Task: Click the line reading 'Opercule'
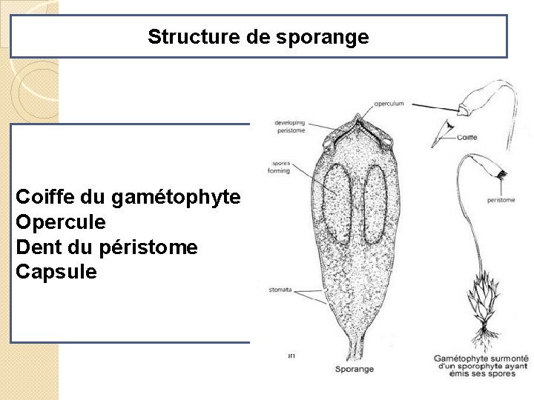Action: [x=61, y=222]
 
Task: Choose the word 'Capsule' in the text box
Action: [x=56, y=272]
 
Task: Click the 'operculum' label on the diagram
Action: [x=389, y=104]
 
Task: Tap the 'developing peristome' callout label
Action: [x=290, y=126]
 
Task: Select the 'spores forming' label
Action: [x=281, y=167]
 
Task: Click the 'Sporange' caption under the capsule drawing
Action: [x=355, y=369]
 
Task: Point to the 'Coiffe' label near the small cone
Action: [x=467, y=137]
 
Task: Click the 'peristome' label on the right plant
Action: [x=502, y=200]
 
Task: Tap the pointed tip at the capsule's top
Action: [x=357, y=118]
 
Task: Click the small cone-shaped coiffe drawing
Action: [x=444, y=131]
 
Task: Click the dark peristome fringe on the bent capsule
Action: [x=502, y=176]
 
